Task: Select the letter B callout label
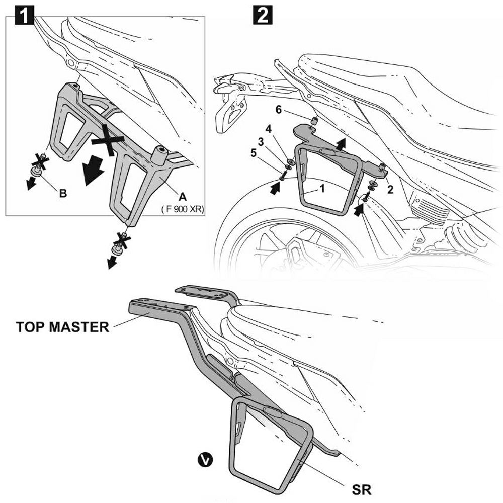click(x=63, y=193)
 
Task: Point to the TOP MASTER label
click(x=62, y=327)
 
